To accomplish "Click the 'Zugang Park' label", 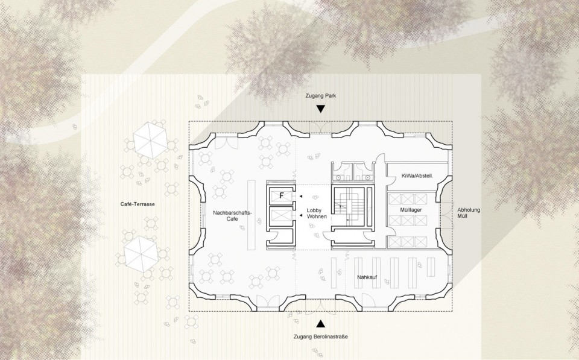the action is [320, 96].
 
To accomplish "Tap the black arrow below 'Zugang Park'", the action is [320, 109].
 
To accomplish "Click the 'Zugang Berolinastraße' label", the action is [320, 336].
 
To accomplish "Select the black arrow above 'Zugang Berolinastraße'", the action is [320, 324].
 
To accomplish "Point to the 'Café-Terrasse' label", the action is [138, 204].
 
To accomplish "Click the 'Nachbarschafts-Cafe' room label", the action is [232, 216].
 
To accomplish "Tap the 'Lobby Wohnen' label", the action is [317, 213].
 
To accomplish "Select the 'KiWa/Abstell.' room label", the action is [417, 175].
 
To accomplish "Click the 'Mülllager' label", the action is [411, 210].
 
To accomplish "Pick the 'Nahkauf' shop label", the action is [367, 277].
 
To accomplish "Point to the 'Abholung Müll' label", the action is [468, 213].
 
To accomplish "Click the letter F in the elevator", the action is [282, 196].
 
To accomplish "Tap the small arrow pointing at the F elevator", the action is [301, 196].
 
